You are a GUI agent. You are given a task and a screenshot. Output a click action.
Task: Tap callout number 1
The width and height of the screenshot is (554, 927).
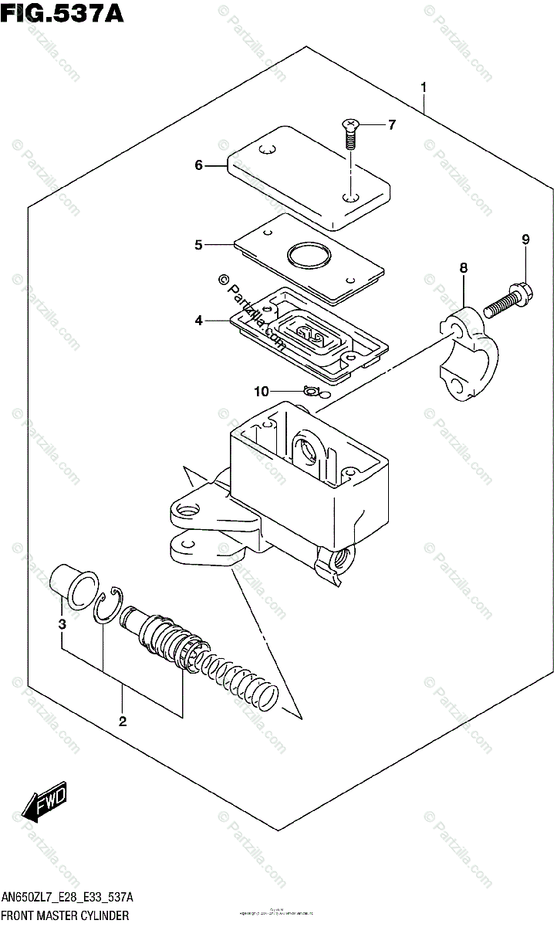tap(423, 88)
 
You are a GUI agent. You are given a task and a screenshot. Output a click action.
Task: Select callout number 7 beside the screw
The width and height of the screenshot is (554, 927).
tap(391, 124)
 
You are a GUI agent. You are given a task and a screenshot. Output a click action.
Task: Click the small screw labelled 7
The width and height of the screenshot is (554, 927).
tap(351, 135)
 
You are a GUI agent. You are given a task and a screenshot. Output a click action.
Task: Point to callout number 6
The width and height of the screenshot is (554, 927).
tap(198, 165)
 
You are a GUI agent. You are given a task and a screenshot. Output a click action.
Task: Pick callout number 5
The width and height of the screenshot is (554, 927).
tap(198, 245)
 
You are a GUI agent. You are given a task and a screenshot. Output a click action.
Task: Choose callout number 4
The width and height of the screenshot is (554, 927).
tap(198, 320)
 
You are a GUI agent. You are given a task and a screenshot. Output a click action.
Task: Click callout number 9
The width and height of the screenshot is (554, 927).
tap(525, 239)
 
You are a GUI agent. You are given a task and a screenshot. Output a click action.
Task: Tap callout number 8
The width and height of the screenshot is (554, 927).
tap(463, 268)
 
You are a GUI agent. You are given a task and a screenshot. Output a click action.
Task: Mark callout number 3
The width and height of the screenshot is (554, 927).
tap(62, 624)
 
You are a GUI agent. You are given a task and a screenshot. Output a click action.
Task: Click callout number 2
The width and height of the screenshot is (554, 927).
tap(122, 722)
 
